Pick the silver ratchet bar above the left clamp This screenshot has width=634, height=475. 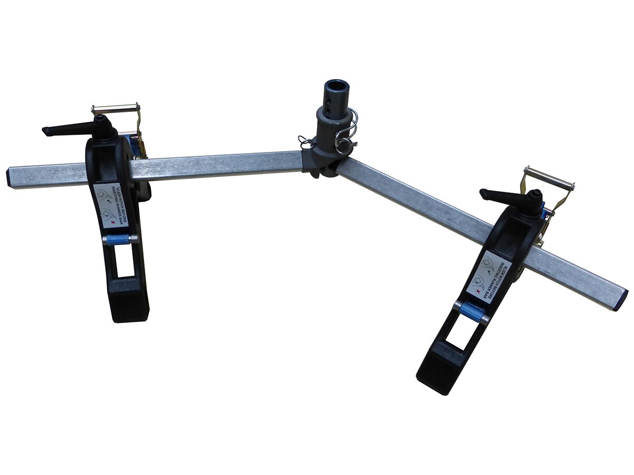(115, 108)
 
